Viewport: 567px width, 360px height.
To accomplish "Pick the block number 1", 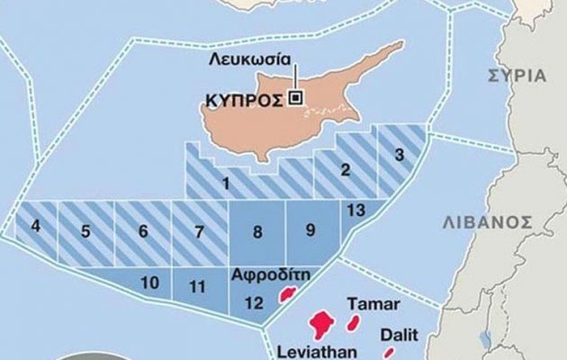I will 225,185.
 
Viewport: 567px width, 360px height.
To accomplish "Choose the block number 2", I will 345,167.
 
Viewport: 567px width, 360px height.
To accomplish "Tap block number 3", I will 399,155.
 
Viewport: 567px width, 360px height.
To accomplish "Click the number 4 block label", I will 36,227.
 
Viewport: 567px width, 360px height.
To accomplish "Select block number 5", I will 85,231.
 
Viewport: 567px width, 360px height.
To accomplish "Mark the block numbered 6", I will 142,231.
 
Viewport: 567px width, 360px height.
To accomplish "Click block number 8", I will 257,232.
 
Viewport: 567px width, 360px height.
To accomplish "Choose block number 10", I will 150,283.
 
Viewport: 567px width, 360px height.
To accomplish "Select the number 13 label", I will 355,210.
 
